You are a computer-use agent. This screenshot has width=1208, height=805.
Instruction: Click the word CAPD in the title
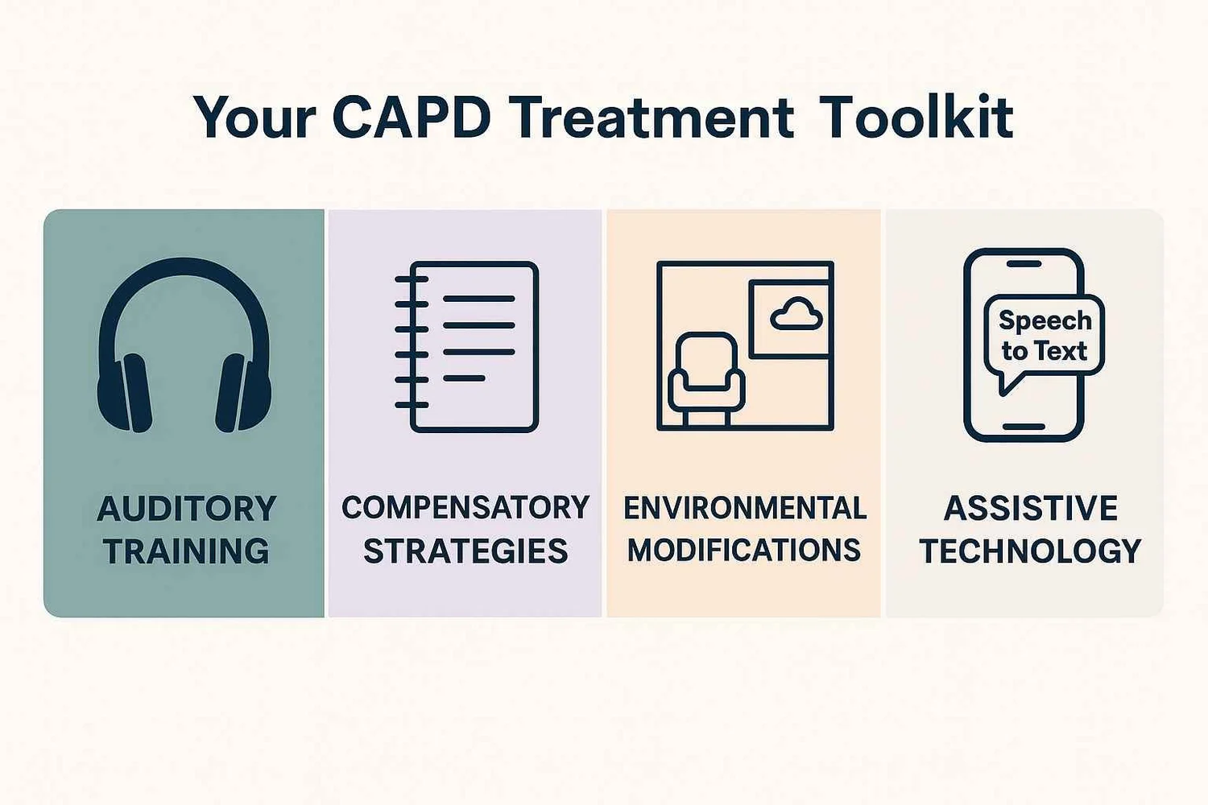[411, 118]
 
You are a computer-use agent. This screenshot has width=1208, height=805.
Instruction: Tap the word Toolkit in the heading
[916, 118]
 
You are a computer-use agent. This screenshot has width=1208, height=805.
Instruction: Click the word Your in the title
[254, 118]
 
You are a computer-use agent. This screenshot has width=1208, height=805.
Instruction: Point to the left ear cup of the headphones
[124, 393]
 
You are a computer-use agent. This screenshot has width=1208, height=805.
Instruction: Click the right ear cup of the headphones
[243, 393]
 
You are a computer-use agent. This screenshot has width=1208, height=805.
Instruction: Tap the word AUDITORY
[186, 509]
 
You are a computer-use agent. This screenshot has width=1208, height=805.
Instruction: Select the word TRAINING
[186, 551]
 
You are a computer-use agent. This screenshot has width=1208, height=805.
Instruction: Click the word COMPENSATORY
[465, 508]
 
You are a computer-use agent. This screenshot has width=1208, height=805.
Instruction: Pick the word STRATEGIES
[465, 551]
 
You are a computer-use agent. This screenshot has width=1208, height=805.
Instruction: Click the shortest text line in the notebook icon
[464, 378]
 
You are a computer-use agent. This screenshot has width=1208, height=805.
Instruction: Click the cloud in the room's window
[796, 315]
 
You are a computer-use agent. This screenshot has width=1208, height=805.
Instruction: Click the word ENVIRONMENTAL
[745, 508]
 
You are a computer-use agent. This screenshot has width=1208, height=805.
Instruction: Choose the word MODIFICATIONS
[744, 551]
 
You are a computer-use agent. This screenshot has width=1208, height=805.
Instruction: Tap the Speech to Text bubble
[1044, 336]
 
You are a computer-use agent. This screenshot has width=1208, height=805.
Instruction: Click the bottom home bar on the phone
[1024, 427]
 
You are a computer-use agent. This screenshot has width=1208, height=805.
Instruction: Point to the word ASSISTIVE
[1030, 509]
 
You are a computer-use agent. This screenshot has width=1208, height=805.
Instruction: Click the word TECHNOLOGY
[1030, 551]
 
